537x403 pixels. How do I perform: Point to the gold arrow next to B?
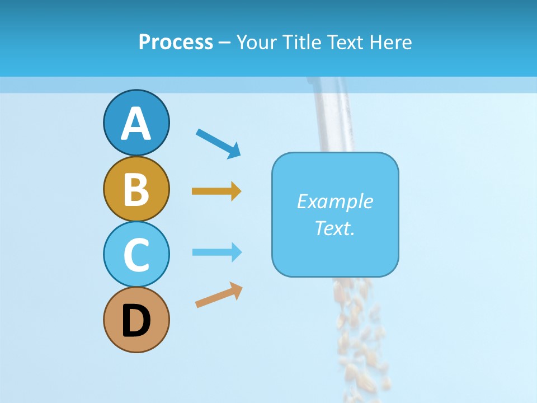216,191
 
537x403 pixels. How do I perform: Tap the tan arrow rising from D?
219,295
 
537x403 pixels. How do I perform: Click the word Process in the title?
176,43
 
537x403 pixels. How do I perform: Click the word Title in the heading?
302,43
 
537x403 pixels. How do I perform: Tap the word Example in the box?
335,201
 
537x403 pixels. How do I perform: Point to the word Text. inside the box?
335,228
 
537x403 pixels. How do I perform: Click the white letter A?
136,124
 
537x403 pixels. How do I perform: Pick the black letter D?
136,321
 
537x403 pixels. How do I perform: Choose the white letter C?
136,255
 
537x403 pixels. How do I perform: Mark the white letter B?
136,190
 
